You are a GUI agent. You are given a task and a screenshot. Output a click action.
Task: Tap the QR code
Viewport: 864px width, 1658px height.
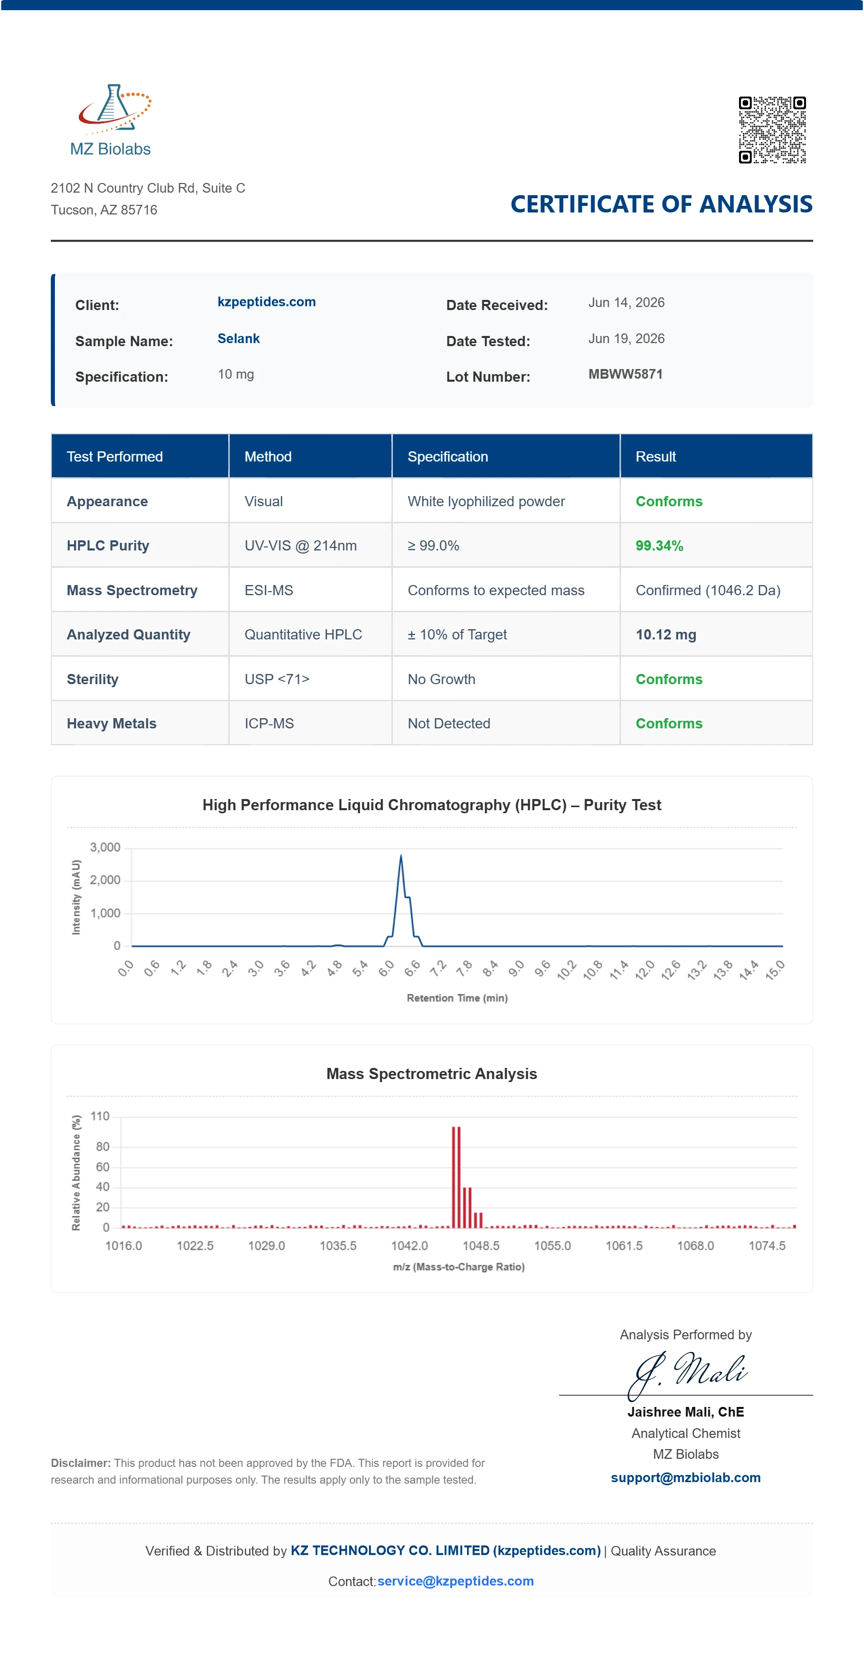[x=772, y=130]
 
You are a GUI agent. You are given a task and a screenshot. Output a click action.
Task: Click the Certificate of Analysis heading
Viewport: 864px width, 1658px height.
[x=661, y=204]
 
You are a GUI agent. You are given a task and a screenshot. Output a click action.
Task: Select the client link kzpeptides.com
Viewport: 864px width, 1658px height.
[x=266, y=302]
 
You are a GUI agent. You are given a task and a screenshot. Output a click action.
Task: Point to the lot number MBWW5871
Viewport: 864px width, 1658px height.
[x=625, y=374]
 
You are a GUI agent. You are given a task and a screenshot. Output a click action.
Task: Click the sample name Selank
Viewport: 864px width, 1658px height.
[x=238, y=339]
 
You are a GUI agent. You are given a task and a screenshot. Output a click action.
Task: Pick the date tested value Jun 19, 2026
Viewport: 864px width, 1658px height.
[x=626, y=339]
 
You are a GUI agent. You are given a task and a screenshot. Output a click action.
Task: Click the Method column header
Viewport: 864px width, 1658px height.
[x=268, y=456]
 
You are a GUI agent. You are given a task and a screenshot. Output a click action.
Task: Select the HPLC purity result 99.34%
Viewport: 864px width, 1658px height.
[x=659, y=546]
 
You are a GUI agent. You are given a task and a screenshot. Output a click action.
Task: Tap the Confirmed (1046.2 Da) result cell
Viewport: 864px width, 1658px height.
[x=707, y=590]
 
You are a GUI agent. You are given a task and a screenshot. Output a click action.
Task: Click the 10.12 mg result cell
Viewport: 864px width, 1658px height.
[x=666, y=635]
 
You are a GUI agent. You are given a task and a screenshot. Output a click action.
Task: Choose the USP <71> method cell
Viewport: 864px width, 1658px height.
[x=277, y=679]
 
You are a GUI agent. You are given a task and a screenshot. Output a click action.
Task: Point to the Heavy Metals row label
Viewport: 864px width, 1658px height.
[x=111, y=723]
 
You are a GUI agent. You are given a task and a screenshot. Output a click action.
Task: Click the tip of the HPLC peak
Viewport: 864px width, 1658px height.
[x=400, y=855]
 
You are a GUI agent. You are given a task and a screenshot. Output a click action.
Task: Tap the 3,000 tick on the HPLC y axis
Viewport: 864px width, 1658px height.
[x=105, y=847]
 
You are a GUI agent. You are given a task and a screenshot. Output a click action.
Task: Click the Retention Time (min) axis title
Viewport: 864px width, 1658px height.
[x=457, y=998]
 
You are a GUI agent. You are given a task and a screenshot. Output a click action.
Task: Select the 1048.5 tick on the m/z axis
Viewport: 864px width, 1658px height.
[x=481, y=1245]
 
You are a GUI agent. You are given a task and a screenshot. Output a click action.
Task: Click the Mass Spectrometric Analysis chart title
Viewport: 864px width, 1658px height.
[x=431, y=1073]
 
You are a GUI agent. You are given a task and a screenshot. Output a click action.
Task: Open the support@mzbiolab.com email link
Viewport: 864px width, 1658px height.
[x=686, y=1477]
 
